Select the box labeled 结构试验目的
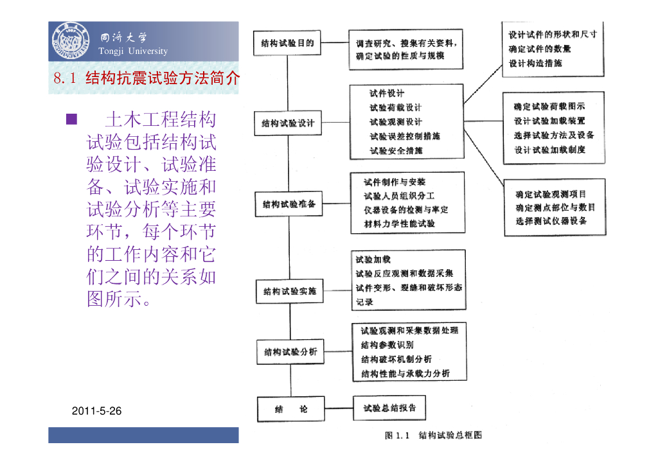click(x=287, y=44)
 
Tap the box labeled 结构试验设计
click(x=289, y=123)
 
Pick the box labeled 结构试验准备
click(x=289, y=204)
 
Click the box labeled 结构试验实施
click(x=290, y=292)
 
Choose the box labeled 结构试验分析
click(x=290, y=352)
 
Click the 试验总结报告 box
click(x=389, y=408)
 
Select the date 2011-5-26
click(x=97, y=411)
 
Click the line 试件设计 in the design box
click(x=387, y=94)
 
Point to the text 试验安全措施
click(x=396, y=151)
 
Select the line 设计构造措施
click(x=535, y=63)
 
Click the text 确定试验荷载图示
click(x=549, y=107)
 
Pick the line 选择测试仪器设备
click(x=551, y=221)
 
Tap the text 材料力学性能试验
click(x=399, y=224)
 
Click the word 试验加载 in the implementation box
click(x=373, y=260)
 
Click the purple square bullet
click(x=71, y=119)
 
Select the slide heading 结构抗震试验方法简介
click(x=163, y=79)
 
